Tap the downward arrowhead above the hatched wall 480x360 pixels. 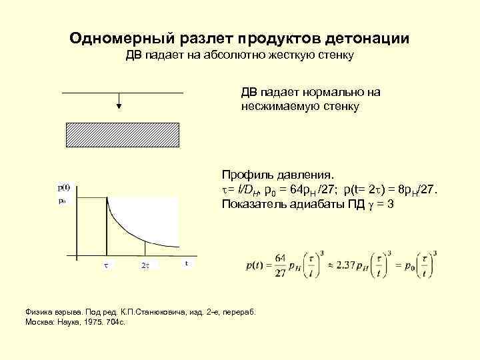(x=118, y=105)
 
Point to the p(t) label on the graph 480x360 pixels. (x=65, y=188)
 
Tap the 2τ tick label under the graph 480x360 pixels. (x=145, y=265)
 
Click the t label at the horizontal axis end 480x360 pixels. (x=186, y=263)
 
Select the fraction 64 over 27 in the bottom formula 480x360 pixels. (x=280, y=265)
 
